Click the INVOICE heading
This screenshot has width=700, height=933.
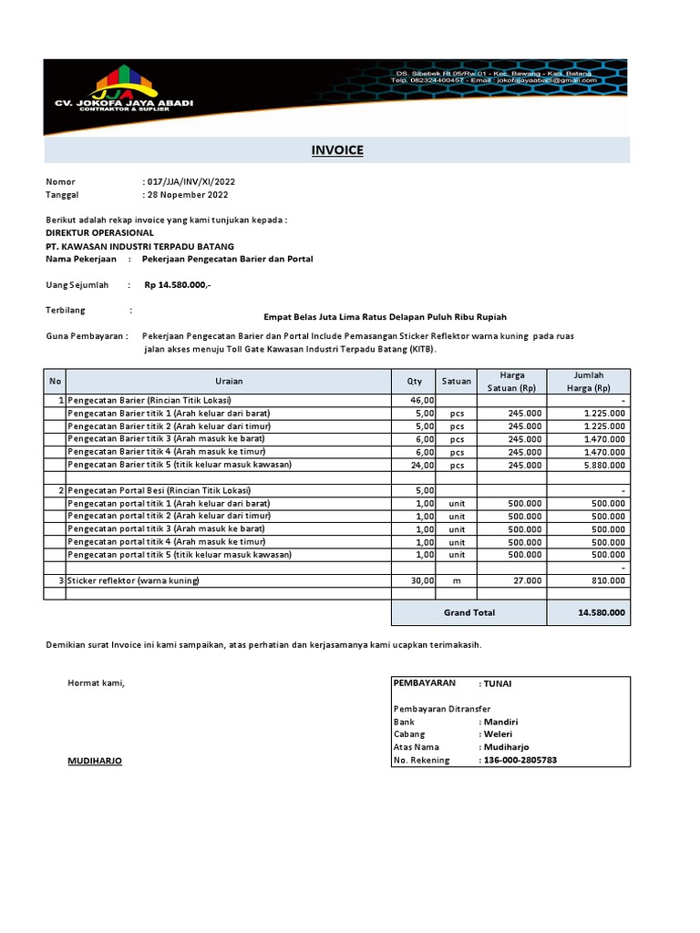point(337,150)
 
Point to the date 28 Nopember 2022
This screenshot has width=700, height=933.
point(186,195)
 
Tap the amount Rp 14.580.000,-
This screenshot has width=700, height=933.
point(178,285)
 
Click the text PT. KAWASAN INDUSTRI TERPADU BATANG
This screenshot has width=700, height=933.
point(139,246)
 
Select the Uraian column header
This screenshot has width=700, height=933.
point(229,381)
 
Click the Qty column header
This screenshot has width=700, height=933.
point(413,381)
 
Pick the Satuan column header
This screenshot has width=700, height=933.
point(457,381)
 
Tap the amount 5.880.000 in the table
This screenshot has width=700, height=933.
point(604,465)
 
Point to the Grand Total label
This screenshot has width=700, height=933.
point(469,612)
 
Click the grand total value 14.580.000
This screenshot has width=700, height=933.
point(602,612)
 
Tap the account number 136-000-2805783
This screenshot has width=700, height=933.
point(520,760)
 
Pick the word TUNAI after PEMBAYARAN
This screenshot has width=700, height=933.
point(500,683)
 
